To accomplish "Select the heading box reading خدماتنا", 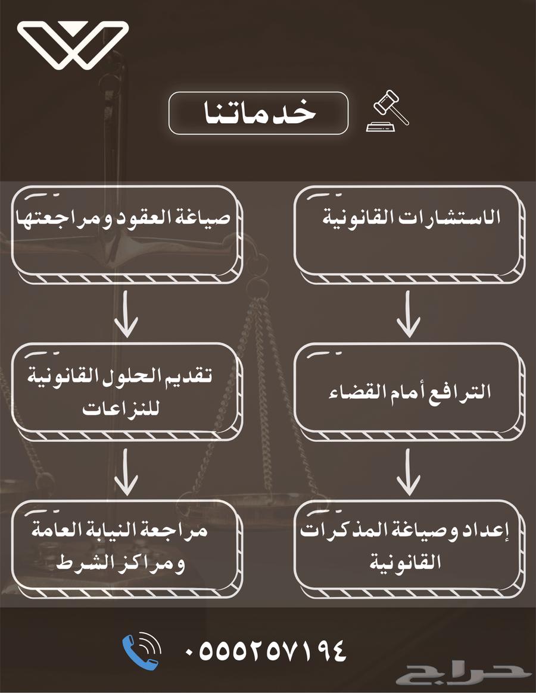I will (x=258, y=113).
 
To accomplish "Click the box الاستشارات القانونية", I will (x=409, y=232).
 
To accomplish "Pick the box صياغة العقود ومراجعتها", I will (x=126, y=232).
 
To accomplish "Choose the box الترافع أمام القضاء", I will (x=409, y=390).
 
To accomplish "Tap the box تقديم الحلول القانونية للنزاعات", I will (x=126, y=390).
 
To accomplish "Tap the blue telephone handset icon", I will (x=141, y=651).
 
